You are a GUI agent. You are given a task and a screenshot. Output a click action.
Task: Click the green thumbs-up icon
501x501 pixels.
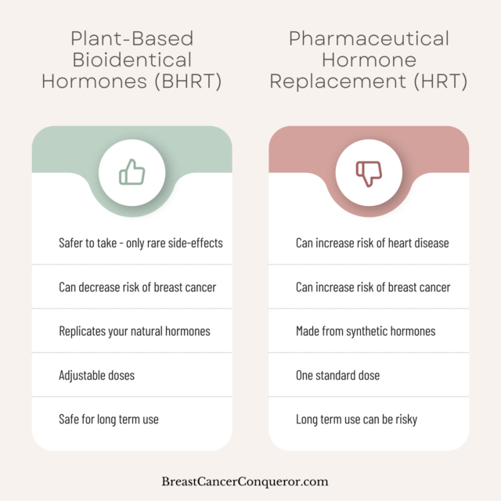point(132,172)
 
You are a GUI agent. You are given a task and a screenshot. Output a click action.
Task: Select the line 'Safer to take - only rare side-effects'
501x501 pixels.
point(141,243)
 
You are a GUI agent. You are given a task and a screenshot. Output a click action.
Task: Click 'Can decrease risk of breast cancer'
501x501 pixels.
point(138,287)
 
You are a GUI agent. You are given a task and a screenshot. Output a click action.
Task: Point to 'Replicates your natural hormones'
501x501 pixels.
point(135,331)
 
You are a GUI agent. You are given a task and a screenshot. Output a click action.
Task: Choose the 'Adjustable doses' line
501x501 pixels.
point(96,376)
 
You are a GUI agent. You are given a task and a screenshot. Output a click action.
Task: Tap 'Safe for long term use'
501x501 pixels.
point(109,420)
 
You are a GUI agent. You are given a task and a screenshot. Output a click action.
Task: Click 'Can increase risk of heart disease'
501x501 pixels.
point(373,243)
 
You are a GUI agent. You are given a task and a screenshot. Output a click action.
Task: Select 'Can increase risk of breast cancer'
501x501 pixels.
point(373,287)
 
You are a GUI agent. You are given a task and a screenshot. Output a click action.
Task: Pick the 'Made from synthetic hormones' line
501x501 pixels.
point(366,331)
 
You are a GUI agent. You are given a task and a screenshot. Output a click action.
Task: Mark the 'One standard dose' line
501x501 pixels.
point(337,376)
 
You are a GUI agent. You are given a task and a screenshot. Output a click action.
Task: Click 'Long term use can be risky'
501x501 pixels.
point(357,420)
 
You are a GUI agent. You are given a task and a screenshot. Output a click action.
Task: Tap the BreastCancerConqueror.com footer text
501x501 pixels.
point(245,481)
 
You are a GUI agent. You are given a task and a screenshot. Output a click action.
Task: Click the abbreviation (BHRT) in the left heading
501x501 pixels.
point(188,81)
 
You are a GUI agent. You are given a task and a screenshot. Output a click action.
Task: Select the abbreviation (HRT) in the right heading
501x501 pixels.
point(441,81)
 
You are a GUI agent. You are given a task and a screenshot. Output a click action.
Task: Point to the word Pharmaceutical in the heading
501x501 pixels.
point(369,38)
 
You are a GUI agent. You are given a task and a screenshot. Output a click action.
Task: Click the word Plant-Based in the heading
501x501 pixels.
point(132,38)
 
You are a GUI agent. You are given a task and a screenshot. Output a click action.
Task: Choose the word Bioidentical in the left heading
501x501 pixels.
point(132,59)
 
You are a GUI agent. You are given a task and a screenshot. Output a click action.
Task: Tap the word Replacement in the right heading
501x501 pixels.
point(338,81)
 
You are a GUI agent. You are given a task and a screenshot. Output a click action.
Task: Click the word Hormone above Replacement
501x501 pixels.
point(369,59)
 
